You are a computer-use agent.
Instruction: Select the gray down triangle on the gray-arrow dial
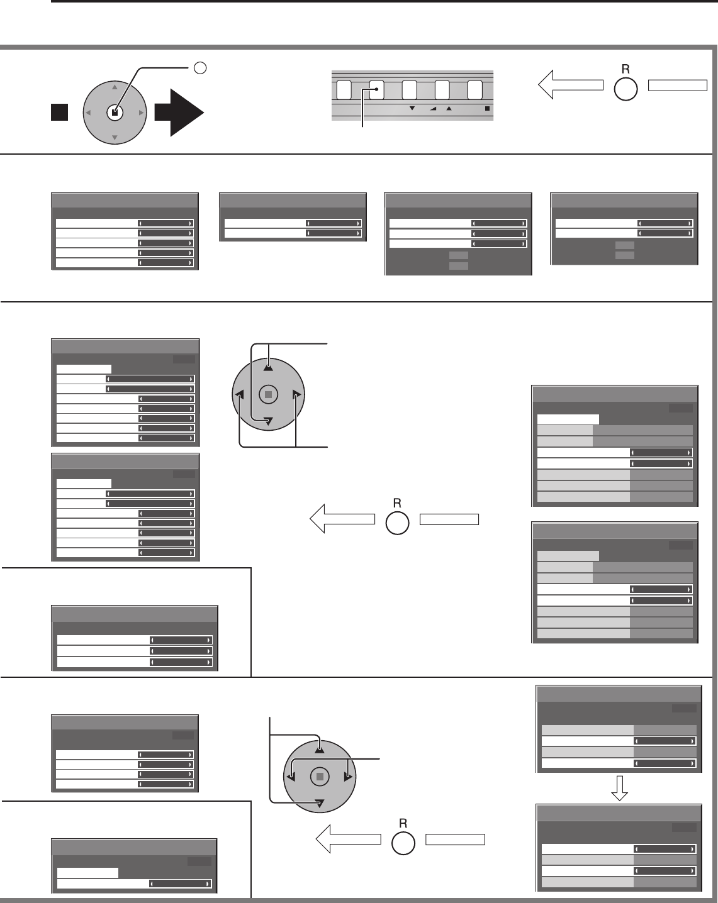click(114, 138)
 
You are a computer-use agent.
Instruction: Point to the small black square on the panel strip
click(487, 109)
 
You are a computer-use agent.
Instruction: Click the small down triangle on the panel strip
click(412, 109)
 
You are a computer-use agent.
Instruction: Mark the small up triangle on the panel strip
click(449, 109)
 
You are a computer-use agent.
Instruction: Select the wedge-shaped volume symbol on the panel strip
click(433, 109)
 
